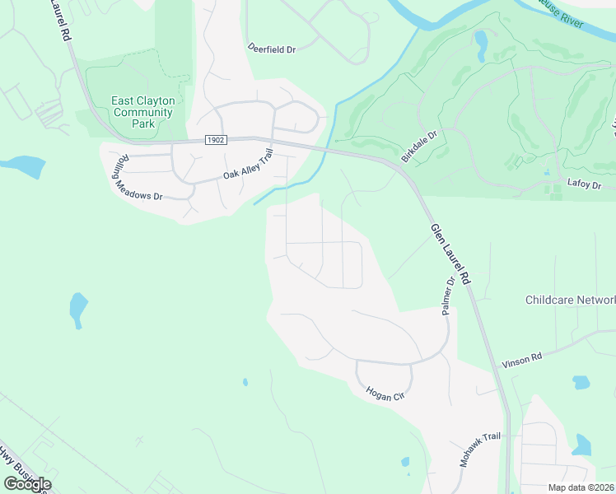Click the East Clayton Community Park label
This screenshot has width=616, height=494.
[x=143, y=112]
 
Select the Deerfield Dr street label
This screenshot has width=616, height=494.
[x=272, y=49]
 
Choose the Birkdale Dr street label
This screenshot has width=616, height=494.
[x=419, y=145]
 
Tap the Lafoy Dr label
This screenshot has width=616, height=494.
[x=584, y=185]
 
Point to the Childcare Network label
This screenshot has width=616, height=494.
[x=570, y=301]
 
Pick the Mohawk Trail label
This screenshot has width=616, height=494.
[x=480, y=450]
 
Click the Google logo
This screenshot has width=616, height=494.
[x=27, y=483]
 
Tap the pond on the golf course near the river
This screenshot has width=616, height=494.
[x=480, y=39]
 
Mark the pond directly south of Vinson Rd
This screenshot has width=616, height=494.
[x=581, y=382]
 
